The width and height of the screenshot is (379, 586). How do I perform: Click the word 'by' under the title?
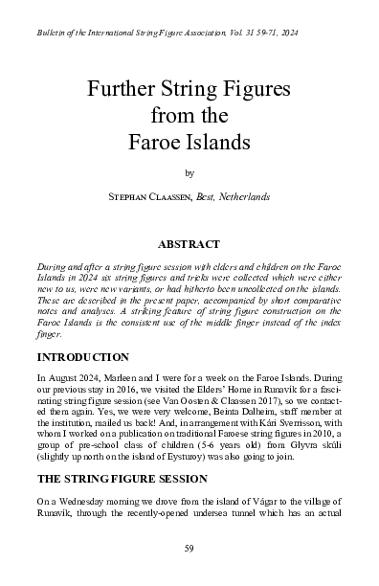coord(189,172)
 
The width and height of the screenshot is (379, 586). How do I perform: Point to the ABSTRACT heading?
coord(189,244)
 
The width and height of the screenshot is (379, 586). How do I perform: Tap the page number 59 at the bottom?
coord(189,549)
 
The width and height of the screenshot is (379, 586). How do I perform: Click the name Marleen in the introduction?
coord(132,379)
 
